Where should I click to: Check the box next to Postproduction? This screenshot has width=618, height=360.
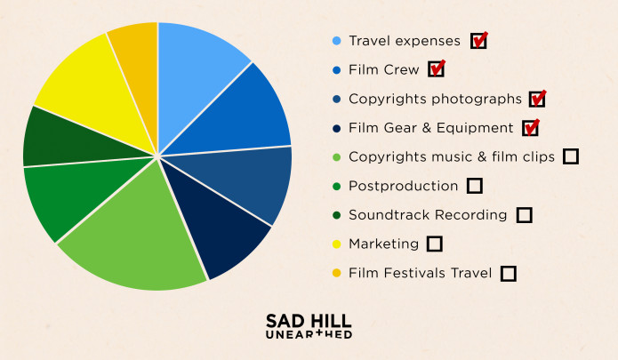[x=475, y=186]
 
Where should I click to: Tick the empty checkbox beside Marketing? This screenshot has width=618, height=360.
[x=435, y=244]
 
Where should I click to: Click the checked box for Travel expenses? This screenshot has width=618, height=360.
[x=478, y=41]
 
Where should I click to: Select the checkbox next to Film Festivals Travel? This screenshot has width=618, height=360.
[x=509, y=273]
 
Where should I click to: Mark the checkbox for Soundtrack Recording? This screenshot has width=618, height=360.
[x=525, y=214]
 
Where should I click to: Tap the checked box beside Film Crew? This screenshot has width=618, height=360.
[x=436, y=69]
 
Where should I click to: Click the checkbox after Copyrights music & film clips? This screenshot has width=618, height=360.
[x=571, y=156]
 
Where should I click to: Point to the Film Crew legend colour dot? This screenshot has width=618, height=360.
[x=336, y=69]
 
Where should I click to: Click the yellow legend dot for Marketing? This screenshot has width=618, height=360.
[x=336, y=244]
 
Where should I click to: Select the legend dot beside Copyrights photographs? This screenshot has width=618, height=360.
[x=336, y=99]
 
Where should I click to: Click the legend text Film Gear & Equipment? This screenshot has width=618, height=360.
[x=431, y=128]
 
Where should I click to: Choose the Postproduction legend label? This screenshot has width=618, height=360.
[x=404, y=186]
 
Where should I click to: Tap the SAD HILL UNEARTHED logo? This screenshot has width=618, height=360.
[x=309, y=325]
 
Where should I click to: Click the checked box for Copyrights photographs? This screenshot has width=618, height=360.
[x=536, y=99]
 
